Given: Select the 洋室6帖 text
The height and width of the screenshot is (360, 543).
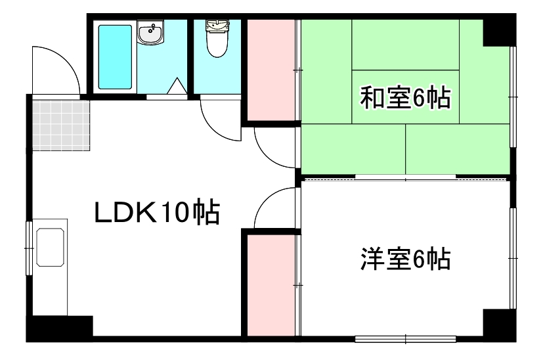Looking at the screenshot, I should (x=404, y=259).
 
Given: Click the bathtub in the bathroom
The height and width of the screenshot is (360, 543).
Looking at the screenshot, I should (x=116, y=56).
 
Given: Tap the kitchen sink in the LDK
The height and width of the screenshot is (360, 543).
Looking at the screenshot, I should (x=51, y=248).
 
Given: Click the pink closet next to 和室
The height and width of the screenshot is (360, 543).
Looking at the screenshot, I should (x=271, y=70).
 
